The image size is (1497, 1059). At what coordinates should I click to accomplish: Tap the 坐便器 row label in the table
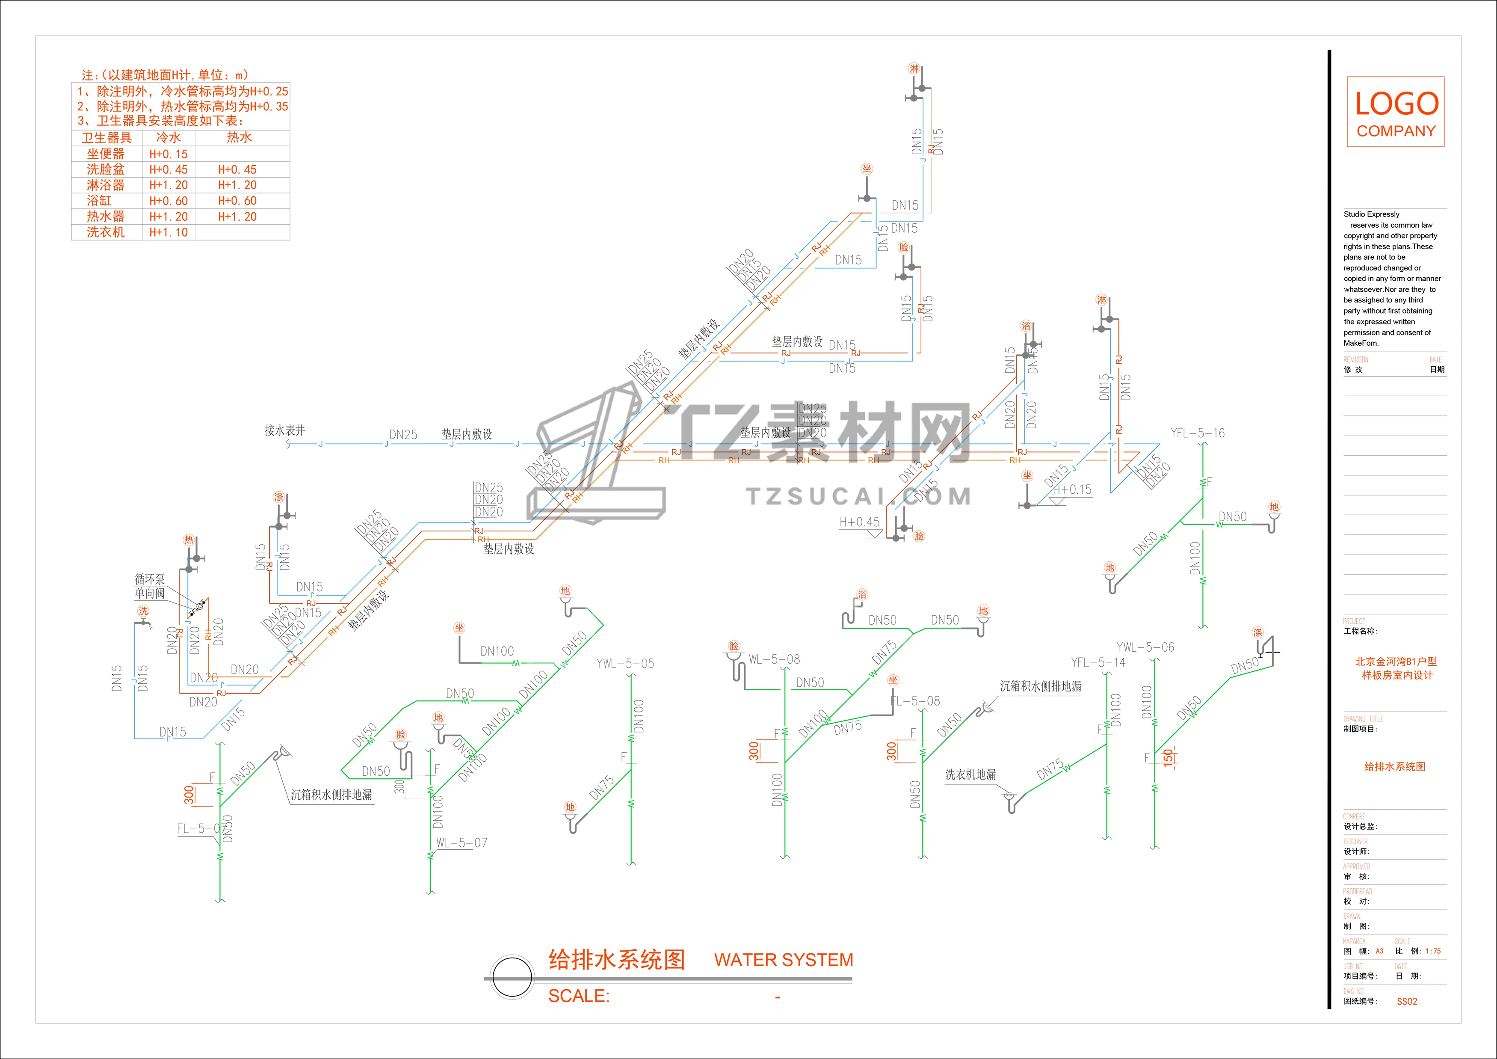coord(106,154)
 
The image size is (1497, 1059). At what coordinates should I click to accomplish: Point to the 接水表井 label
coord(284,430)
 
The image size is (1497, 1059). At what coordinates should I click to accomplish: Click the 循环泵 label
coord(149,579)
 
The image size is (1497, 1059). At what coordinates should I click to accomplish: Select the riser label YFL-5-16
coord(1197,433)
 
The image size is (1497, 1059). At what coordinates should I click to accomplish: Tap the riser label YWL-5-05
coord(624,664)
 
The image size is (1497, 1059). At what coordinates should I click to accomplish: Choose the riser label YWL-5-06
coord(1145,647)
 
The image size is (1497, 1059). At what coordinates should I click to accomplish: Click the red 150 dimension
coord(1168,756)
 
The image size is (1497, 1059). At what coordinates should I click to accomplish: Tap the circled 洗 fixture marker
coord(143,611)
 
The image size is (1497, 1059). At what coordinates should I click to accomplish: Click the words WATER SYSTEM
coord(783,960)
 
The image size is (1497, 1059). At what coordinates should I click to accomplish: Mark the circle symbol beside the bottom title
coord(512,977)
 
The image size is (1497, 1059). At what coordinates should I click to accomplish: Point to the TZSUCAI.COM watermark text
coord(858,497)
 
